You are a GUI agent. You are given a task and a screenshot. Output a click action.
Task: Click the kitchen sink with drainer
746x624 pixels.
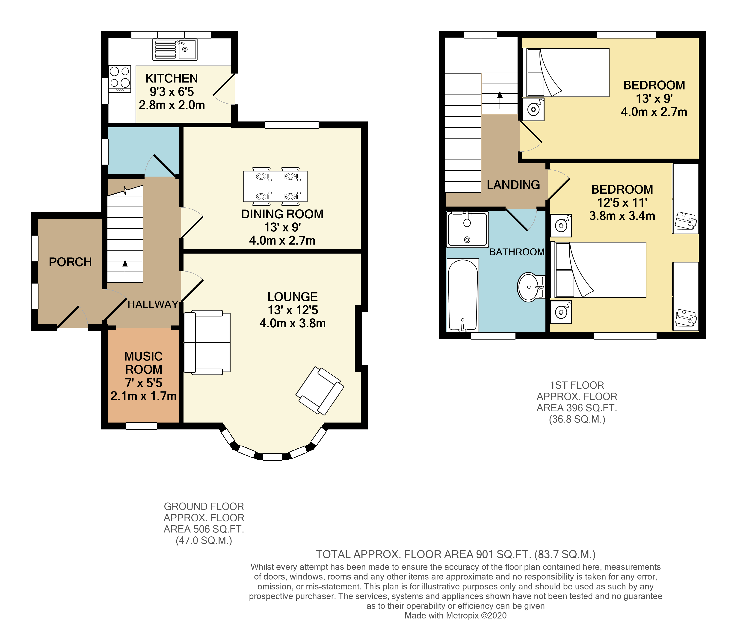[175, 49]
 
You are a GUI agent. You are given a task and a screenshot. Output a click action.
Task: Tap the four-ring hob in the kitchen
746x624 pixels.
[120, 78]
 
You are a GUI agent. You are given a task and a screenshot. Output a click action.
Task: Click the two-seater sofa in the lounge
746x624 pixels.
[207, 342]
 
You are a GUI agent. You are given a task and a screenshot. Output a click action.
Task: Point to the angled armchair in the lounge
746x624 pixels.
[320, 391]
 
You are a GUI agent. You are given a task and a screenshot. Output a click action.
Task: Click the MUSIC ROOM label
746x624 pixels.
[144, 363]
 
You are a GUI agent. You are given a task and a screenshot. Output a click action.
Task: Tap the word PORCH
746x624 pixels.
[70, 262]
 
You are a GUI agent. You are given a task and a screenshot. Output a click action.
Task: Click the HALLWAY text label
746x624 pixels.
[153, 304]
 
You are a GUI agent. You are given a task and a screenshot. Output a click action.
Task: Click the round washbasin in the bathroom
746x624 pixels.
[530, 287]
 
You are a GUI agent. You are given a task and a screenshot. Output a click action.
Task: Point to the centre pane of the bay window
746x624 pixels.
[272, 457]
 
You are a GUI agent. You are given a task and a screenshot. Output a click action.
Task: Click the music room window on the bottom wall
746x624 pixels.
[141, 426]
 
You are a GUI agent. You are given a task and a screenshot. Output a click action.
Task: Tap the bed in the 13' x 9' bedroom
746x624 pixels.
[567, 73]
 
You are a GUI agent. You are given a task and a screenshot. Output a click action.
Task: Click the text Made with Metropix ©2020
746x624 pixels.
[456, 615]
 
